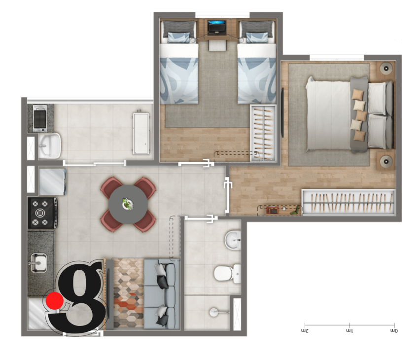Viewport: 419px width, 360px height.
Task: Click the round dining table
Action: (x=128, y=204)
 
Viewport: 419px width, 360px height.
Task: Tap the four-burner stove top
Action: (x=42, y=213)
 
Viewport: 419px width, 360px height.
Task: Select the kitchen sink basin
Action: (x=39, y=263)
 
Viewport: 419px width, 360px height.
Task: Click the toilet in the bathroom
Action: (x=227, y=273)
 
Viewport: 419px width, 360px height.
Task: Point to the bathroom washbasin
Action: (x=233, y=240)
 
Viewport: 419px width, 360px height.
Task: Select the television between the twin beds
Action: (x=217, y=27)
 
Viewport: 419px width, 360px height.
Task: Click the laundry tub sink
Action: (x=49, y=146)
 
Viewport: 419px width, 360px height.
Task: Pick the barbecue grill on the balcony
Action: (x=40, y=118)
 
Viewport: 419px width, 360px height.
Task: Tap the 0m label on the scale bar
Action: (x=394, y=331)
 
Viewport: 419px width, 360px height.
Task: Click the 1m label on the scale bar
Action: (x=349, y=331)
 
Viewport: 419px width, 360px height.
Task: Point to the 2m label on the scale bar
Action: (x=305, y=331)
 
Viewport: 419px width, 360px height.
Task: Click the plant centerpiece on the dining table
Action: (x=128, y=204)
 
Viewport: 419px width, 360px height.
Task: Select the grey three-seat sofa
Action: (x=161, y=293)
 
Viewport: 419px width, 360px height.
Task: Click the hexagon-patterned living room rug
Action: (x=128, y=293)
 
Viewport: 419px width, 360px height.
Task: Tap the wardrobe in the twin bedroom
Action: (x=263, y=133)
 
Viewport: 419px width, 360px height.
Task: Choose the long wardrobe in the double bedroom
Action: (x=349, y=202)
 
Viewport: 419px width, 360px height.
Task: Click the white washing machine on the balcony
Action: (x=141, y=133)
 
